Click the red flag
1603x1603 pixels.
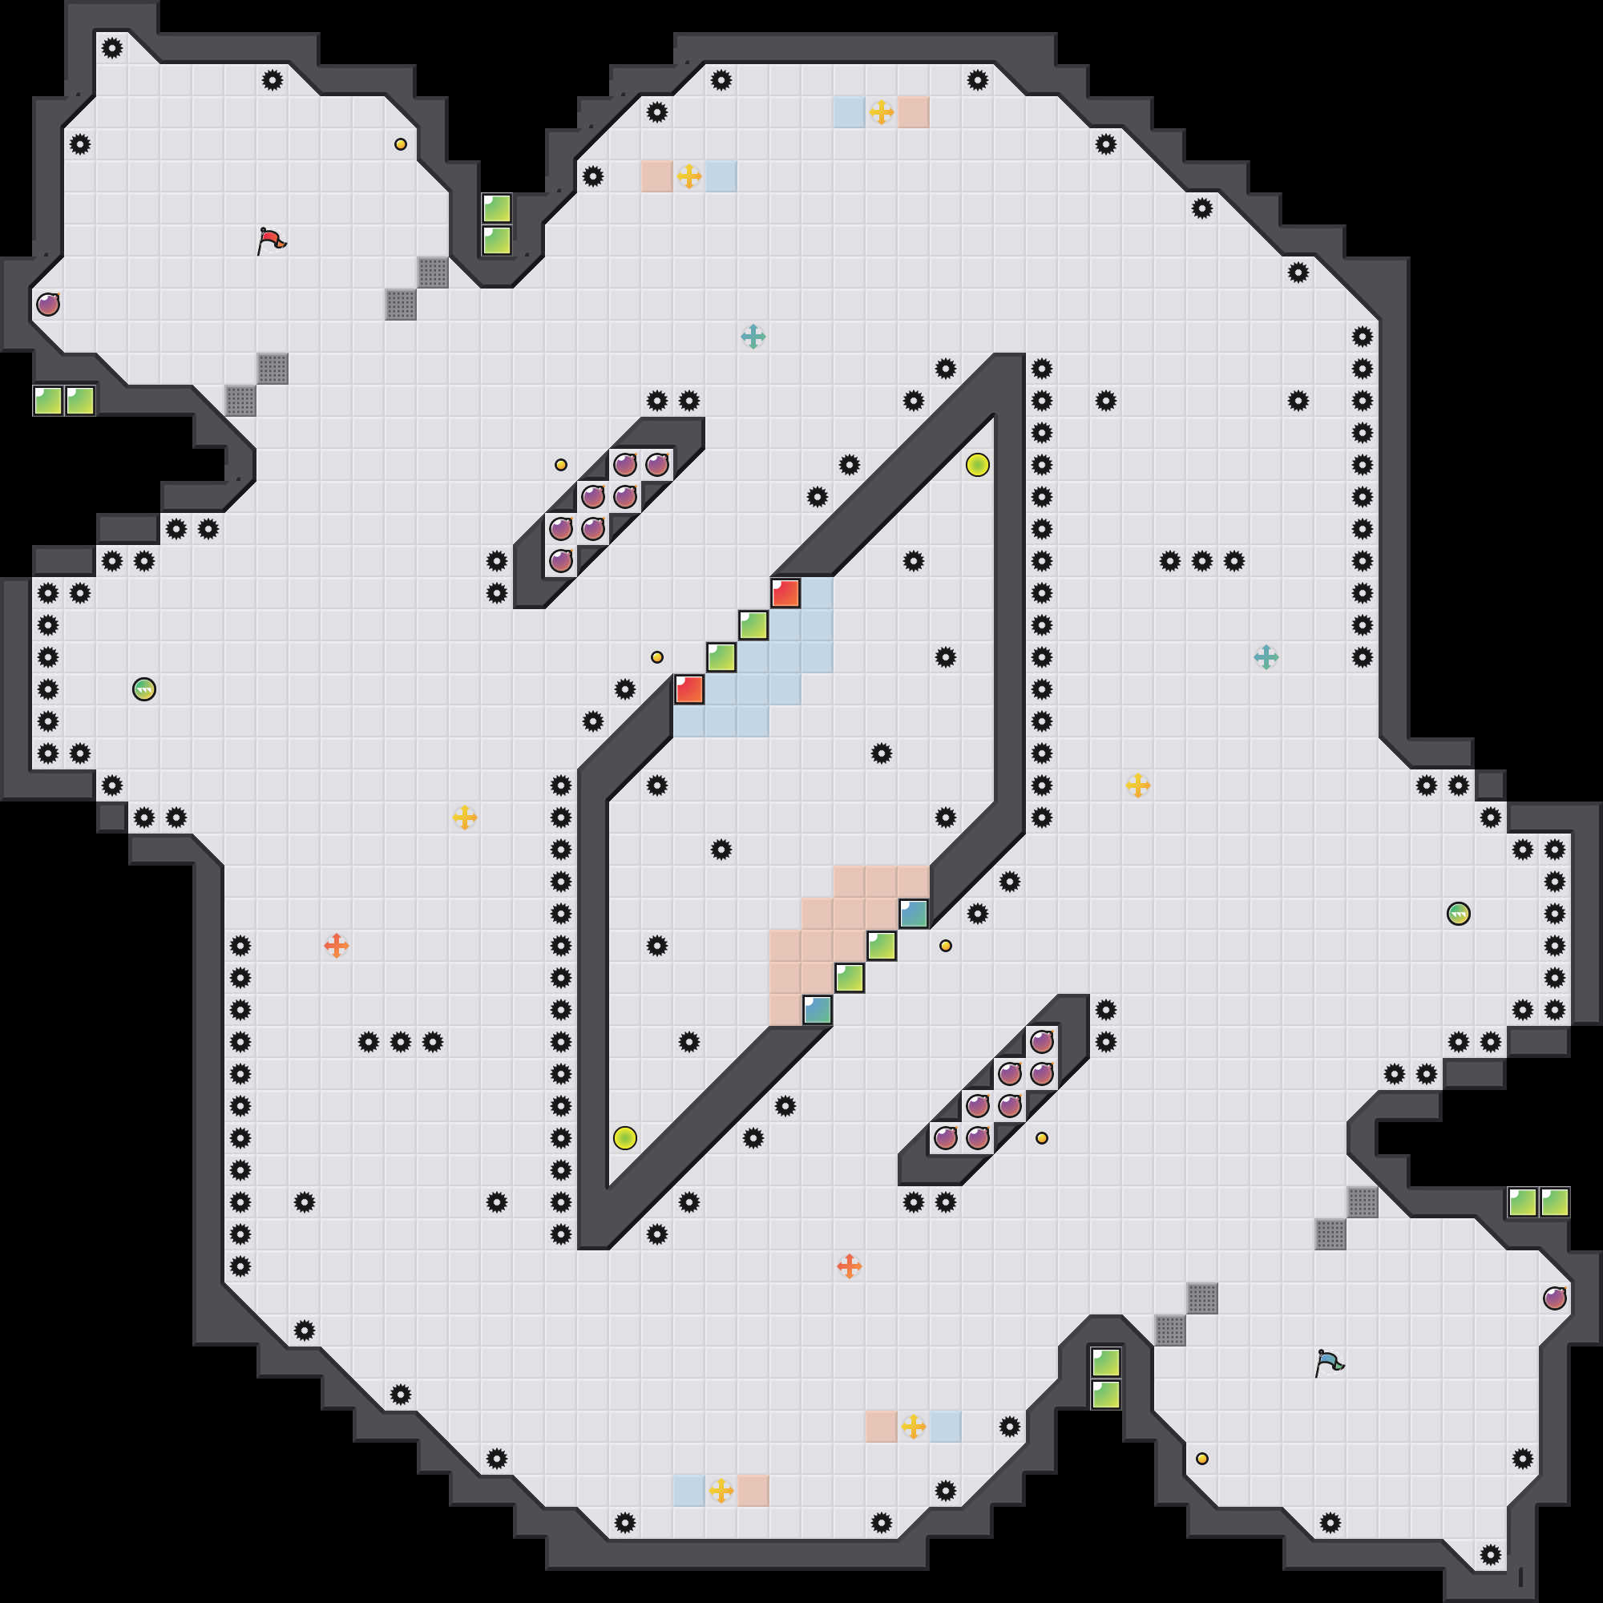270,240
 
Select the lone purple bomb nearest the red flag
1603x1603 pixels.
48,305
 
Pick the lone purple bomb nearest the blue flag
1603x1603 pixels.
1554,1298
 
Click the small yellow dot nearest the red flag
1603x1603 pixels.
401,144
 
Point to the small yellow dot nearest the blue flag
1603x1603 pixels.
1202,1459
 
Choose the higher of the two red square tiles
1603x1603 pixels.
785,593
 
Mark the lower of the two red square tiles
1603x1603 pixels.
688,689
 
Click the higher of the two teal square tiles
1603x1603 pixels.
914,914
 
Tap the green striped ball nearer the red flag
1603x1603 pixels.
144,689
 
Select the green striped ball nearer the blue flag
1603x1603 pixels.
1458,914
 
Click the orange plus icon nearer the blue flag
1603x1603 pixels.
849,1266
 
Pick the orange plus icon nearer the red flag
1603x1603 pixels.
336,946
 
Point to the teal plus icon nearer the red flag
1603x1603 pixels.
753,337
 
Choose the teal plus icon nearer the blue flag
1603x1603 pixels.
1266,657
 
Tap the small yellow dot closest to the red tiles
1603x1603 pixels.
657,657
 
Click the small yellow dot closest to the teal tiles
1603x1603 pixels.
946,946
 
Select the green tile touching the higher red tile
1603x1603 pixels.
753,625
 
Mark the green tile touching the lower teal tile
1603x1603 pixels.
850,977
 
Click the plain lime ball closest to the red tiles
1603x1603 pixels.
977,465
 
